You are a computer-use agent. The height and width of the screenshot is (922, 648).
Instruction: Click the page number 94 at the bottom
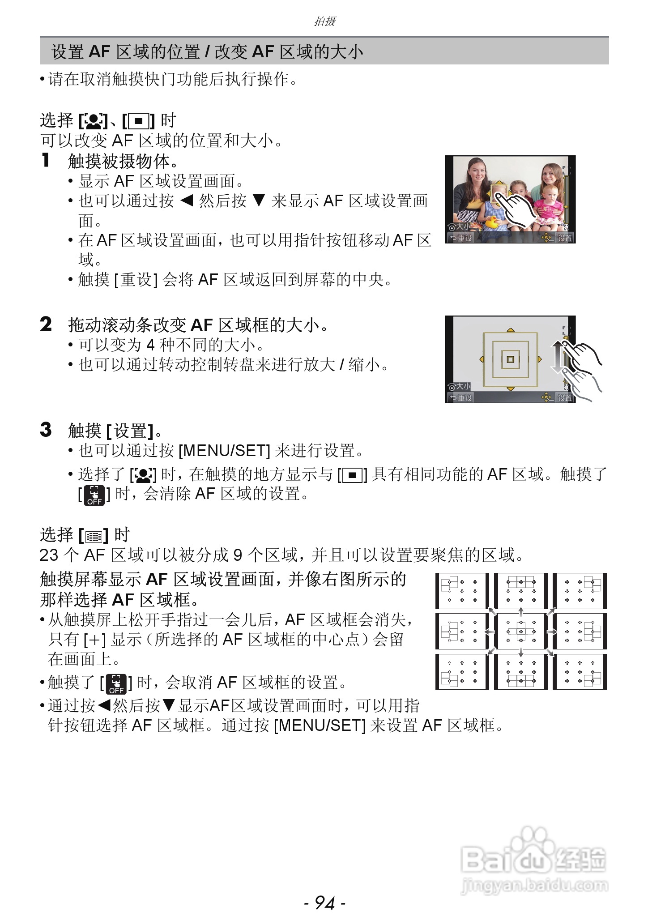tap(324, 903)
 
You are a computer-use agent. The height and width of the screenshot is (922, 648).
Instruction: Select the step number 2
tap(46, 324)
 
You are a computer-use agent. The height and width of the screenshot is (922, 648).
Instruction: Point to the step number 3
tap(46, 430)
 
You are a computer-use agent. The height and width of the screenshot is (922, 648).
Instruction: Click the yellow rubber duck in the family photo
tap(491, 222)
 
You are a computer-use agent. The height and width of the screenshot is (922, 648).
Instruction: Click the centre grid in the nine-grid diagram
tap(521, 631)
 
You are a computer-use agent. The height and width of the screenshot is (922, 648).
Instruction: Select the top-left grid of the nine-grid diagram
tap(462, 590)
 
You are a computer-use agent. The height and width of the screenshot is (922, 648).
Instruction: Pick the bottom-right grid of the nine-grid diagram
tap(580, 672)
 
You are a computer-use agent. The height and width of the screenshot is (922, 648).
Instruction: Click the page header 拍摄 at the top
tap(324, 21)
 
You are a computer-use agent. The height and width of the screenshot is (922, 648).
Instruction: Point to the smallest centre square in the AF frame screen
tap(510, 359)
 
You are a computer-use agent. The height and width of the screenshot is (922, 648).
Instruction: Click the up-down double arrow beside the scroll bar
tap(557, 357)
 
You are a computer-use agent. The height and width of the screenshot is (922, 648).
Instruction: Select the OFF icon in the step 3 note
tap(94, 495)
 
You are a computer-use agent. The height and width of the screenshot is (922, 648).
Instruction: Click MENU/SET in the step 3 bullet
tap(224, 451)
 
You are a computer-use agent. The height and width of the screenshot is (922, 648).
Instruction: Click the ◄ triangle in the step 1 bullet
tap(186, 201)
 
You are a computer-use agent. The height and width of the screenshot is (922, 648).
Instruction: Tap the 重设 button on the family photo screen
tap(461, 238)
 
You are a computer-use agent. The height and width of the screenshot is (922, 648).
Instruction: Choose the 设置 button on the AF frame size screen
tap(564, 397)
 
